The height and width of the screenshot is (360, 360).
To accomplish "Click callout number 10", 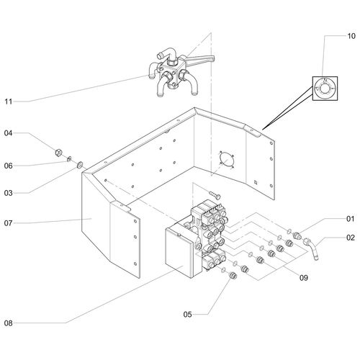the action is (x=351, y=36).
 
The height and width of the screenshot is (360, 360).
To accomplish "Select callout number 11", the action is (x=9, y=102).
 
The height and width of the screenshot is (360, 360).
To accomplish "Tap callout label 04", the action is (x=8, y=133).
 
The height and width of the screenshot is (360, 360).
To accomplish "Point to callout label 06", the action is (x=8, y=166).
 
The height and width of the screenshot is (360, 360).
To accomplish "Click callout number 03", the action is (x=8, y=193).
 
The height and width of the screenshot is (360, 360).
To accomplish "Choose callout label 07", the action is (x=8, y=223).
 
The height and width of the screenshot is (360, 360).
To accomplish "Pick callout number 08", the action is (x=8, y=323).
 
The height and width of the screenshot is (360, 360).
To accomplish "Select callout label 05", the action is (x=188, y=315).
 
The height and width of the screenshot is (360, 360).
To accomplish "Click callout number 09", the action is (x=304, y=278).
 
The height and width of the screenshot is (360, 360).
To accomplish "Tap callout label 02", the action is (x=351, y=238).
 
